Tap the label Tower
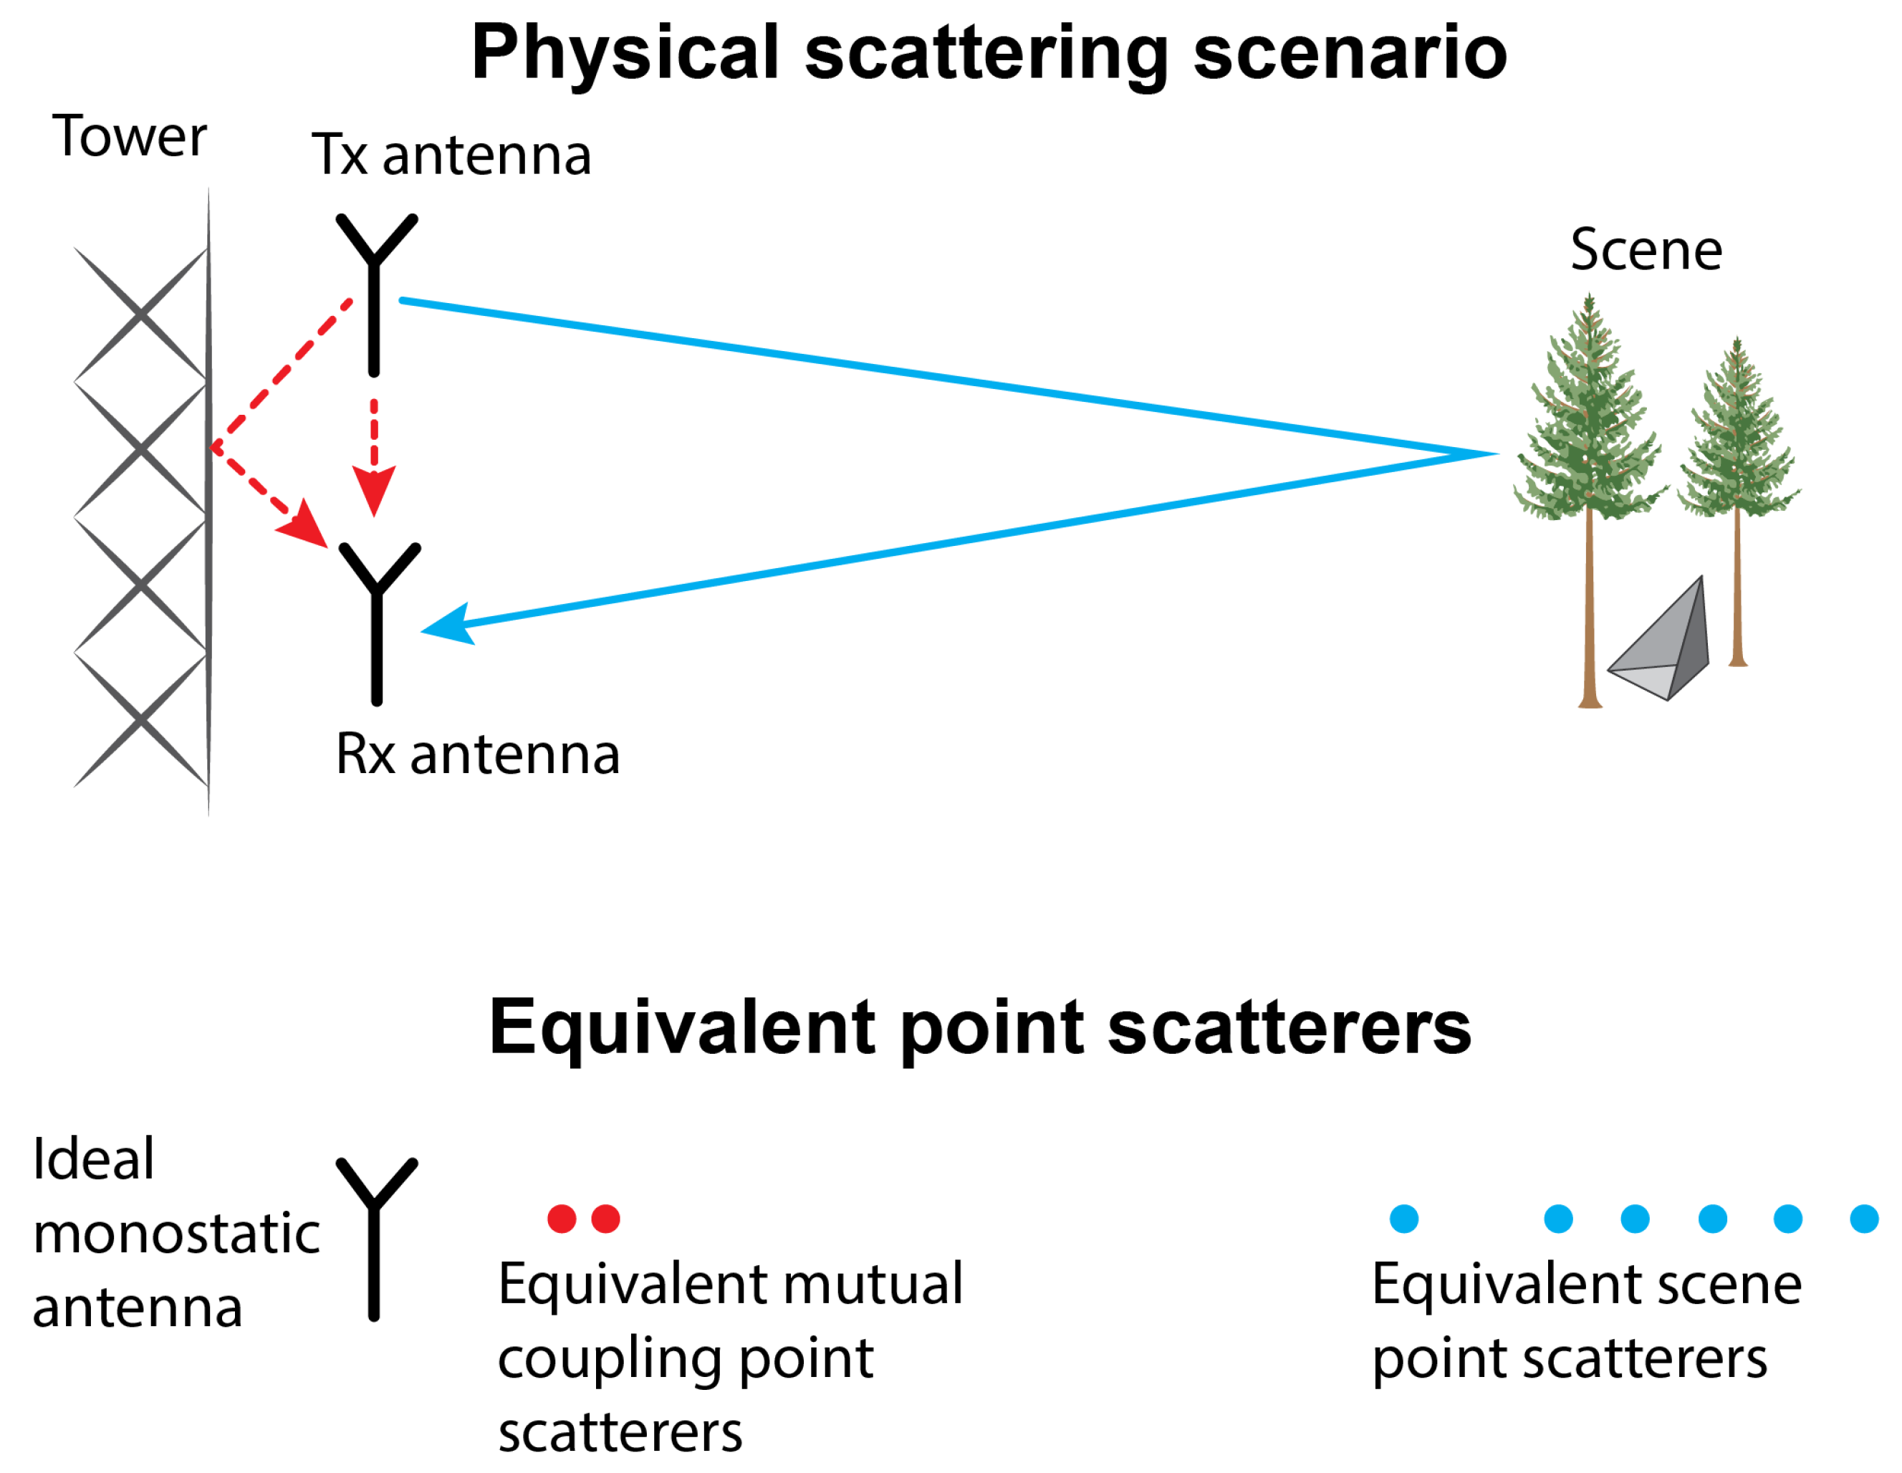point(129,138)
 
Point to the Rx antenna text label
point(477,754)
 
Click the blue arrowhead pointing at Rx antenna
point(448,625)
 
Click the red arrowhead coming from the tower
point(304,524)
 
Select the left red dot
point(562,1219)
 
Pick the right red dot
point(605,1219)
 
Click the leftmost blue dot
point(1404,1219)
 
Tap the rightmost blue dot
point(1864,1219)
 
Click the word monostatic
point(177,1234)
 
